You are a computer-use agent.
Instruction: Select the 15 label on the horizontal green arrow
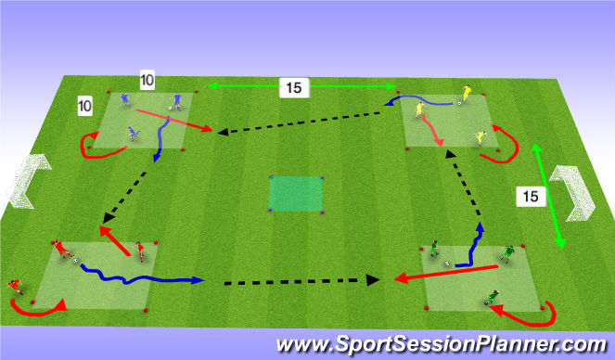[292, 89]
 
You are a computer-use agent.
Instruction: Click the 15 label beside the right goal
[528, 196]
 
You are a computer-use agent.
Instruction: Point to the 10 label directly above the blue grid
[147, 81]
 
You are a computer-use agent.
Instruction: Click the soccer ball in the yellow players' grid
[457, 104]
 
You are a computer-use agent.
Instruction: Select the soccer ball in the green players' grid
[447, 264]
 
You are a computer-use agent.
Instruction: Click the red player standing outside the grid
[15, 286]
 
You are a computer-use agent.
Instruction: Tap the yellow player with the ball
[467, 94]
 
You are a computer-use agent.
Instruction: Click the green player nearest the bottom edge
[492, 298]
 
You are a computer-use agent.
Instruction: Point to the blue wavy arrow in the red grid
[139, 276]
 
